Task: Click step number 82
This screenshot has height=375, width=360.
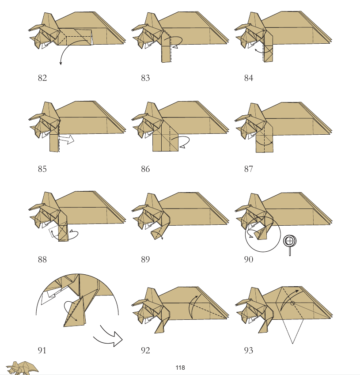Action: (x=42, y=78)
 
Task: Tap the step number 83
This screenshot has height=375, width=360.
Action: (x=145, y=78)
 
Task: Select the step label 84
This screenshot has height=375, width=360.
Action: (x=249, y=78)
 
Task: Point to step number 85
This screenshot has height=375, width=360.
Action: (x=42, y=169)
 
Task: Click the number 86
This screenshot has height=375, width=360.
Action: (x=145, y=169)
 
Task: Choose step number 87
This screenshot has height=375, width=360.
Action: (x=249, y=169)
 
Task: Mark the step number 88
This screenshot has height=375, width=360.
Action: (x=42, y=259)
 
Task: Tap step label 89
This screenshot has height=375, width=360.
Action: (x=145, y=259)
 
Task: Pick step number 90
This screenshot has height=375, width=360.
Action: (x=249, y=259)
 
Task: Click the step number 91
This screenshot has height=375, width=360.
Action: (x=42, y=350)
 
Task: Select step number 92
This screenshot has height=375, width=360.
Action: (x=145, y=350)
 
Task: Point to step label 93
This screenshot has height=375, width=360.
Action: (x=249, y=350)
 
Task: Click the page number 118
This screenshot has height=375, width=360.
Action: (x=180, y=367)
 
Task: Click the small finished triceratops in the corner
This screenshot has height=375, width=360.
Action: (x=22, y=368)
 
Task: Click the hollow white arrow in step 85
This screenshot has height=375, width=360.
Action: (x=67, y=139)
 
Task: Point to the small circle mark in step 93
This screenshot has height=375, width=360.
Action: (x=292, y=303)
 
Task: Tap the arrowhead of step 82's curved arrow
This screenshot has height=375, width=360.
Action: (x=61, y=63)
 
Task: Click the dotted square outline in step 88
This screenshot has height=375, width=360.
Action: (x=53, y=232)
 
